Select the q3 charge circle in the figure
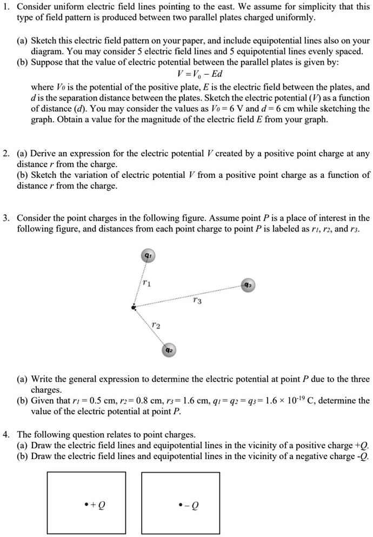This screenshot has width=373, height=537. pos(247,286)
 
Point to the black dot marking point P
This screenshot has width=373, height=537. pos(134,308)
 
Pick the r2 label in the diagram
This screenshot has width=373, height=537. pos(156,326)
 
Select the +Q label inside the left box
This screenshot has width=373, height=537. pos(95,504)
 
